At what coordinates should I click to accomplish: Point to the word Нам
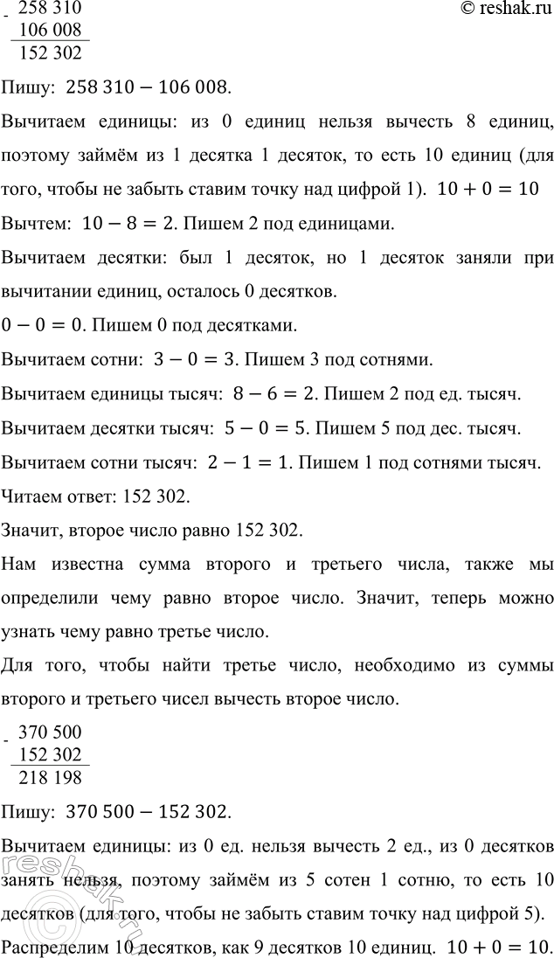point(19,565)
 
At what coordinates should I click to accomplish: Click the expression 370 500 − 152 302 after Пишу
point(148,811)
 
